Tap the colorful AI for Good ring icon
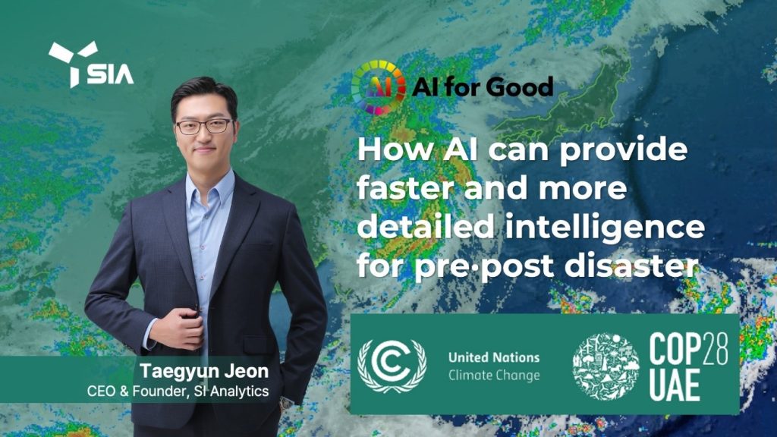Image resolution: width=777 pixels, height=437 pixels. point(379,87)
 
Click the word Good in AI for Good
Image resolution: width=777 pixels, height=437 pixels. point(521,87)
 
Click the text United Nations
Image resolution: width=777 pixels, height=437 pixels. point(494,357)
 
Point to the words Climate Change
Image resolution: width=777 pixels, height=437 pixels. point(494,376)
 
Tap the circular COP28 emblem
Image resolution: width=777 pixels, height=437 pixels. point(606,366)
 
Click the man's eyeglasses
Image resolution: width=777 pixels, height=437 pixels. point(203,126)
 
